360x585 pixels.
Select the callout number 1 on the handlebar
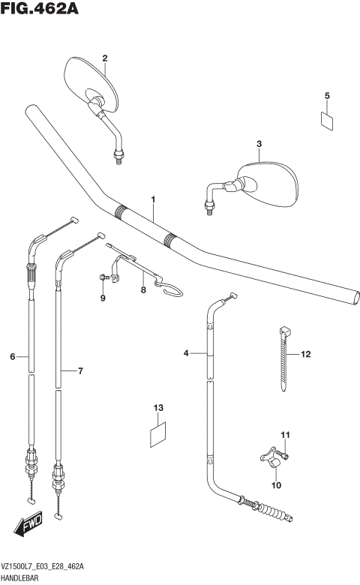[152, 199]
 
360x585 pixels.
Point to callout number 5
[327, 95]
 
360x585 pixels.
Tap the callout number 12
[306, 354]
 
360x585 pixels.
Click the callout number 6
[13, 357]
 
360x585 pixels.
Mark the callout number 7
[80, 370]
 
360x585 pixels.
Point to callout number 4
[185, 352]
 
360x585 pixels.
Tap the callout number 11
[284, 436]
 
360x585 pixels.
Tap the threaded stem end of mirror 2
[118, 157]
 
